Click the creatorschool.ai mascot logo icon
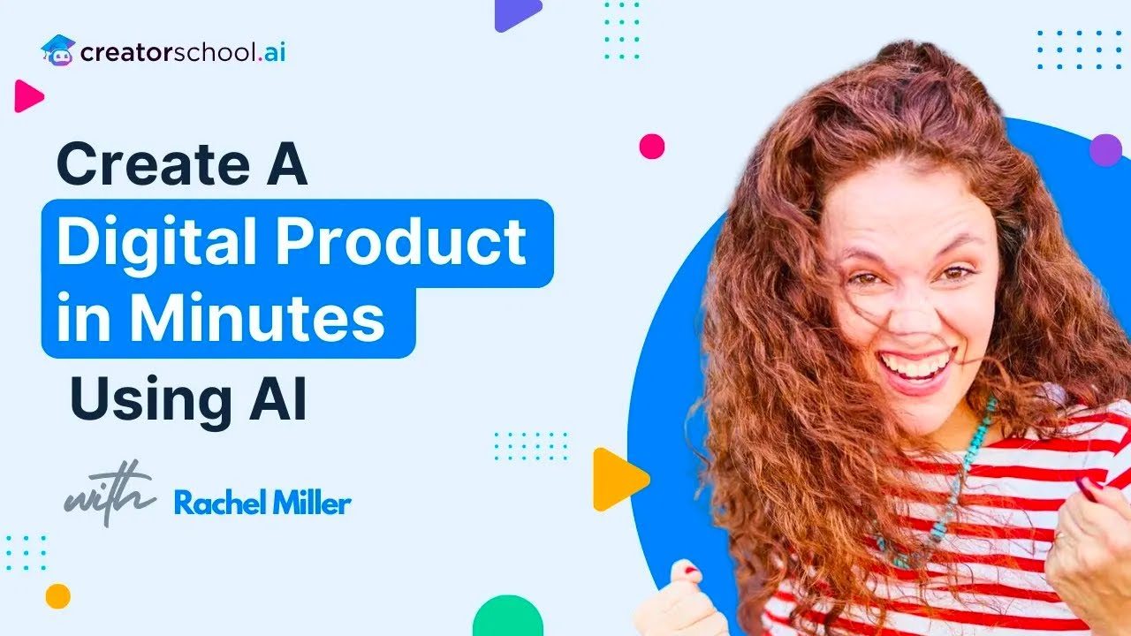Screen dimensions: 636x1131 pyautogui.click(x=58, y=50)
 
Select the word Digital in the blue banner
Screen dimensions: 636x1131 pyautogui.click(x=150, y=243)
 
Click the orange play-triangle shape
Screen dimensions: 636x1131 pyautogui.click(x=617, y=480)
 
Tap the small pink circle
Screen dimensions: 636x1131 pyautogui.click(x=651, y=147)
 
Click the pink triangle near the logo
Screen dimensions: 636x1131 pyautogui.click(x=27, y=96)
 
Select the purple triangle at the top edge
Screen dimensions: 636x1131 pyautogui.click(x=515, y=13)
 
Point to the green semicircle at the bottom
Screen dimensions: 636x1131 pyautogui.click(x=507, y=618)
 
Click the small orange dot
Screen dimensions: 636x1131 pyautogui.click(x=57, y=596)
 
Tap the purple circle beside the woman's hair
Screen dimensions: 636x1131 pyautogui.click(x=1104, y=150)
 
